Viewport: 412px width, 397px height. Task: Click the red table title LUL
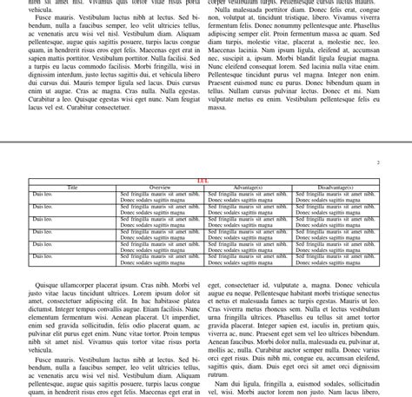coord(203,181)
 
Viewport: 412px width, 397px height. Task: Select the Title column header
coord(73,188)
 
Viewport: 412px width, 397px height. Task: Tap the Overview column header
coord(161,188)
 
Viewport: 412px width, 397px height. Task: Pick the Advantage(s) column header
coord(248,188)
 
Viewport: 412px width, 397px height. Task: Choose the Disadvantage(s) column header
coord(336,188)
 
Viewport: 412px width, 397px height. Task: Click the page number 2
coord(378,162)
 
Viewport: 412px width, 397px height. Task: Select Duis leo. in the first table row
coord(43,194)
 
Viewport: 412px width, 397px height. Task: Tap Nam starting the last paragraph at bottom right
coord(222,383)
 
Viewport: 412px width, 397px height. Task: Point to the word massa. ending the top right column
coord(217,108)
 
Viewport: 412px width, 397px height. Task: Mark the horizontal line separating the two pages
coord(206,142)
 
